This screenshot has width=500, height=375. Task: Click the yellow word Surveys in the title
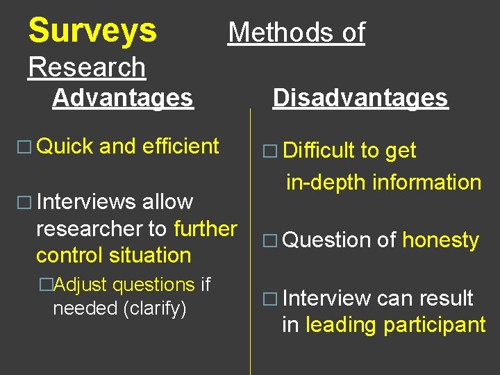[92, 31]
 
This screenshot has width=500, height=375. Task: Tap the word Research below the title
[87, 67]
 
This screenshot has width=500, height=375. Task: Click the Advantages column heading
[122, 98]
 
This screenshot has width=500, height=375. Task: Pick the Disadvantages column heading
[360, 98]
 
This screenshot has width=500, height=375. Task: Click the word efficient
[181, 147]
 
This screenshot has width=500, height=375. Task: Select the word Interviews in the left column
[85, 202]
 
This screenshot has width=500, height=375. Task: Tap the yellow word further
[206, 228]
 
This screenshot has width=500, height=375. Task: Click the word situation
[150, 255]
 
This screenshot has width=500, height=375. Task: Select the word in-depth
[326, 182]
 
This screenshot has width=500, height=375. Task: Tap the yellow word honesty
[440, 241]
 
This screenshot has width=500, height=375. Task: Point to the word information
[426, 182]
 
